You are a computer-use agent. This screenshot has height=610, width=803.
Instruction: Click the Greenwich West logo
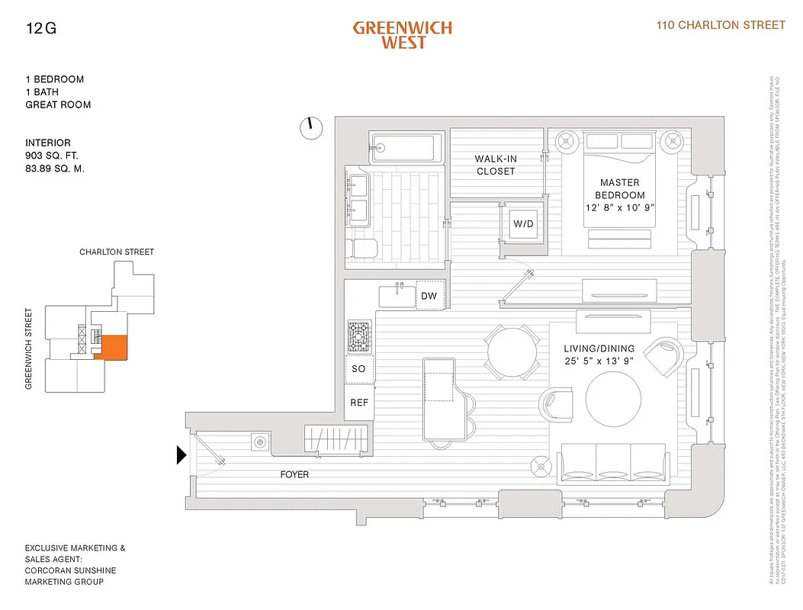tap(402, 35)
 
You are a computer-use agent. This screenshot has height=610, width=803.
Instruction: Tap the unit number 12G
tap(40, 30)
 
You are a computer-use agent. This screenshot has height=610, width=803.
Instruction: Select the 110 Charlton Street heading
tap(721, 25)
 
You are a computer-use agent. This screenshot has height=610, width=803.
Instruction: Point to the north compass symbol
tap(311, 128)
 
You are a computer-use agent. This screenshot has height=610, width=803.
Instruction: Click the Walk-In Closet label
tap(496, 165)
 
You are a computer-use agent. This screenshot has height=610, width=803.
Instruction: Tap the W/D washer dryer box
tap(523, 224)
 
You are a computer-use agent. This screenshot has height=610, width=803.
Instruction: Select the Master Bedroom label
tap(619, 188)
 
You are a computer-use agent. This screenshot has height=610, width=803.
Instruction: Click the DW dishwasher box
tap(429, 296)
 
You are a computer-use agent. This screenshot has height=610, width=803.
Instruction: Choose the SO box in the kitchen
tap(358, 369)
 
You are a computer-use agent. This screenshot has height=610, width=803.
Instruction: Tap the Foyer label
tap(294, 474)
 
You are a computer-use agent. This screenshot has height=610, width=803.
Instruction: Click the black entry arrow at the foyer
tap(181, 455)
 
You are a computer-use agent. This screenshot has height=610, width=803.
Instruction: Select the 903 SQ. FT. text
tap(57, 156)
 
